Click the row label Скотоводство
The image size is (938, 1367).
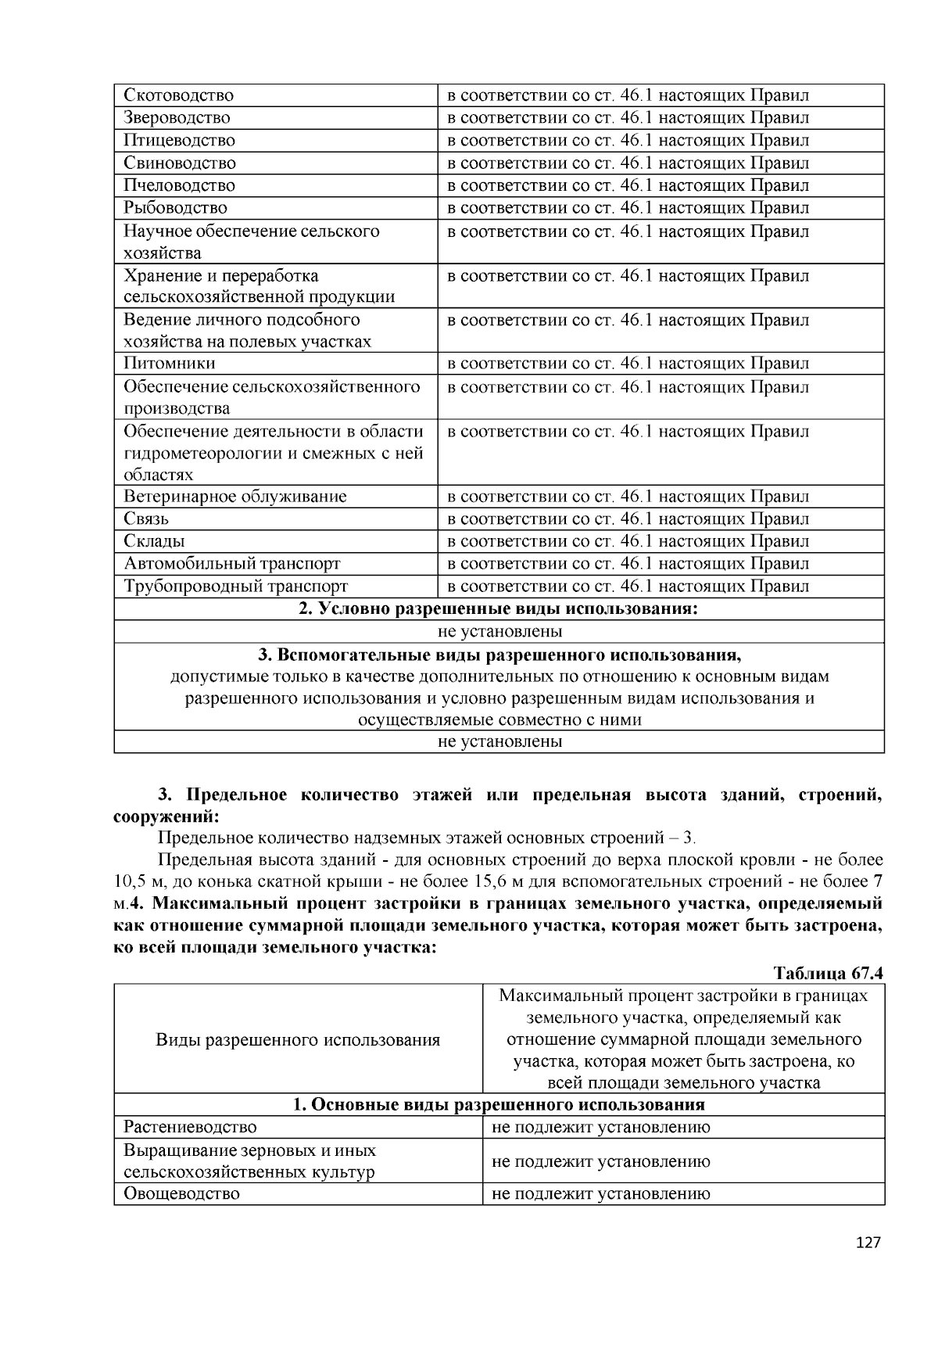coord(179,95)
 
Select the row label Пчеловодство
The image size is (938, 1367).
coord(180,185)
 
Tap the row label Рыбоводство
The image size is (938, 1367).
coord(176,208)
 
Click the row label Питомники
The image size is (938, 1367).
coord(170,364)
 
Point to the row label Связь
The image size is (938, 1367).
coord(146,519)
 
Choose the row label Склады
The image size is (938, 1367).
coord(154,541)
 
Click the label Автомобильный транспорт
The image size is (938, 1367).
coord(232,564)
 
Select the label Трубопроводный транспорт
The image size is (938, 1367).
coord(235,587)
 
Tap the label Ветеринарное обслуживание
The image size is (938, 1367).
coord(235,497)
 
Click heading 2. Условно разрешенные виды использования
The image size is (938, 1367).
coord(499,609)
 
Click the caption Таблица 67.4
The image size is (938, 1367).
coord(828,974)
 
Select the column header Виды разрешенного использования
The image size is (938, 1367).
coord(298,1040)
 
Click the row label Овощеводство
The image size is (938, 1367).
coord(182,1194)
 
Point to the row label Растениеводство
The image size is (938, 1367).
coord(190,1128)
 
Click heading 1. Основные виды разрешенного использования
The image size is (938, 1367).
coord(499,1105)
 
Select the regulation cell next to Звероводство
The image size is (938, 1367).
coord(628,118)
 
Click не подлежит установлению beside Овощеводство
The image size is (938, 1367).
coord(600,1194)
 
